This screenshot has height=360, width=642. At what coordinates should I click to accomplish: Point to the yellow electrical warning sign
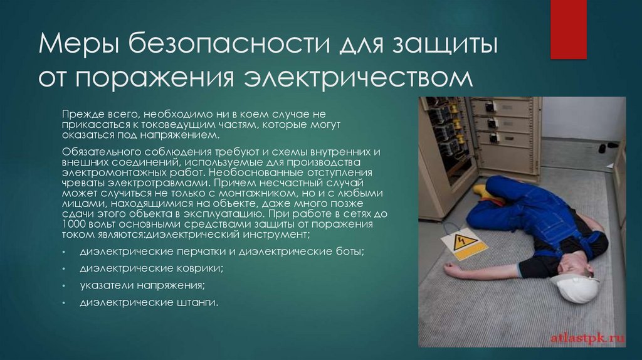[x=463, y=243]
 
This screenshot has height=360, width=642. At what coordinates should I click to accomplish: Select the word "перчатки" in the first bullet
[x=188, y=251]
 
